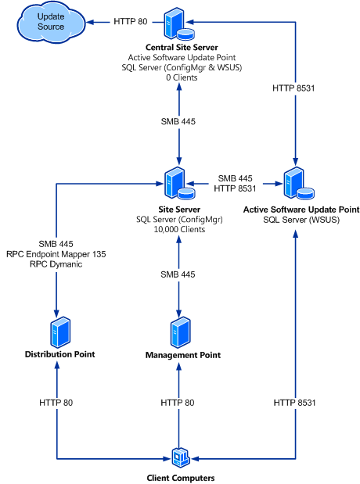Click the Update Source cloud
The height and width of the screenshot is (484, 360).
tap(51, 22)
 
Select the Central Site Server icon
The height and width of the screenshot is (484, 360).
tap(178, 23)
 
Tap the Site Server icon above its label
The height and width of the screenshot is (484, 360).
tap(179, 183)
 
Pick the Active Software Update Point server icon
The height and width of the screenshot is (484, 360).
tap(299, 183)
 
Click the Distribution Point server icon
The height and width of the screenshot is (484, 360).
tap(60, 332)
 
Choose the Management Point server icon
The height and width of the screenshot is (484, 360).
tap(181, 332)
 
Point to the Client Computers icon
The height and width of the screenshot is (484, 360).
tap(181, 457)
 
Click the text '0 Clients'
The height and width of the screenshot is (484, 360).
tap(182, 77)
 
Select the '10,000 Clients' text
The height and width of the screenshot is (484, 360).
tap(179, 229)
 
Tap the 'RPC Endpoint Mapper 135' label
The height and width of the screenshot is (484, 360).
tap(56, 254)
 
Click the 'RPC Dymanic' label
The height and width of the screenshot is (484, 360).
tap(56, 264)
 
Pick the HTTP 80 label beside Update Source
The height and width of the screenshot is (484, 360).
tap(131, 22)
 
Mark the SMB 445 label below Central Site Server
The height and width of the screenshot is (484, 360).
tap(178, 121)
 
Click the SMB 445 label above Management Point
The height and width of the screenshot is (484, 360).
tap(178, 274)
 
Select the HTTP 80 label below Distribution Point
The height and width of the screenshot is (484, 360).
tap(56, 403)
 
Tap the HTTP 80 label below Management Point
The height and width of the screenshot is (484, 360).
tap(178, 403)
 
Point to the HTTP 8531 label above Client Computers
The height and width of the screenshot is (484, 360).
tap(294, 403)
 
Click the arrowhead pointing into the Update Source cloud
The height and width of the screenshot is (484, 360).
tap(90, 22)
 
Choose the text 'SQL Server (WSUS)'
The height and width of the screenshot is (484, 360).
tap(301, 220)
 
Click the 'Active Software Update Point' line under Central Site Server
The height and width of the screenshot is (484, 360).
tap(182, 57)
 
